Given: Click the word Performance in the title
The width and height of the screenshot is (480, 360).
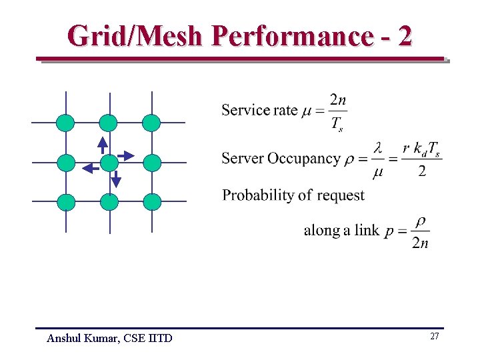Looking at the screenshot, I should point(291,35).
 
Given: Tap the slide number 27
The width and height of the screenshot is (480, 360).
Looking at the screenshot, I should point(434,337).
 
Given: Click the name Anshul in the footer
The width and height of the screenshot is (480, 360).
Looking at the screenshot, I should point(64,339).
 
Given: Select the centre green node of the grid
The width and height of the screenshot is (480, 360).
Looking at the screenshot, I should point(109,163).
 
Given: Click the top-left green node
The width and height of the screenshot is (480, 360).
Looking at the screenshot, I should point(65,123).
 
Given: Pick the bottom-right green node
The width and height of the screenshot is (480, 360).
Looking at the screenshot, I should point(152,201).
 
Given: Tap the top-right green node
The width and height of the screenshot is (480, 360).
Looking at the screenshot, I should point(152,123).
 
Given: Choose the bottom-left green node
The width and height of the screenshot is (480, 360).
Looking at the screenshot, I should point(65,201).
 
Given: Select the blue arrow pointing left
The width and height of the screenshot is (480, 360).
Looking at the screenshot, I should point(89,169).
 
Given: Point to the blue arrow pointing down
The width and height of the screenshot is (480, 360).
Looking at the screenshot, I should point(115,179).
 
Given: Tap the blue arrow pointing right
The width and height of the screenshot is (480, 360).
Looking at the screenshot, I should point(125,155).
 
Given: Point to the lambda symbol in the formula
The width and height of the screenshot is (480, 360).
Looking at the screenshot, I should point(378,147).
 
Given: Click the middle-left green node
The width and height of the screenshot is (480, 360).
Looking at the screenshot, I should point(65,163).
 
